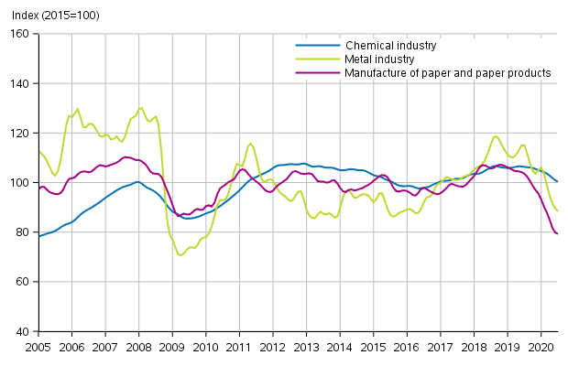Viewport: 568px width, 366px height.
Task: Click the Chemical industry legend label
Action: point(390,45)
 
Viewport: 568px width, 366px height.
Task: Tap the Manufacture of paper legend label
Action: point(448,72)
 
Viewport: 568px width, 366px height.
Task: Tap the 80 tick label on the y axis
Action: point(23,231)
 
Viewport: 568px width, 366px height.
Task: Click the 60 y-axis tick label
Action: point(23,281)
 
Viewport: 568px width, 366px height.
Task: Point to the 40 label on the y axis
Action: point(23,330)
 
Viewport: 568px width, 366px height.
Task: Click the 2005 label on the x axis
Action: point(38,348)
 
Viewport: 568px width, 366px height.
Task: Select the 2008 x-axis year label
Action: point(139,348)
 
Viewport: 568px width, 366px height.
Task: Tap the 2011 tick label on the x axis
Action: point(239,348)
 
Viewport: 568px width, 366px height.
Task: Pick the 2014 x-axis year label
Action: point(340,348)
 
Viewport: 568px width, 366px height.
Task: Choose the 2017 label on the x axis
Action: point(441,348)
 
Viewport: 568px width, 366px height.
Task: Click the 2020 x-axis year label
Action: point(541,348)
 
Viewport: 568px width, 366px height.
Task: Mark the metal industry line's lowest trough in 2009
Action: point(180,254)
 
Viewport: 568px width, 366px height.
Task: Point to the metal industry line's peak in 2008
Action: point(140,108)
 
